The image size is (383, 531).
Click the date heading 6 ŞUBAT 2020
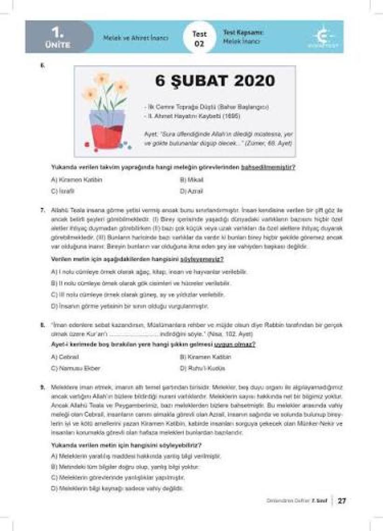(215, 81)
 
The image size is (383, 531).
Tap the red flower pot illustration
(108, 131)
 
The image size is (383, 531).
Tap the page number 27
(342, 501)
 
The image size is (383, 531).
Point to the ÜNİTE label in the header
(58, 45)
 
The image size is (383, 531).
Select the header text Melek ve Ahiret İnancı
(136, 38)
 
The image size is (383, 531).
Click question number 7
(42, 210)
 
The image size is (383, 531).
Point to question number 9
(42, 387)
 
